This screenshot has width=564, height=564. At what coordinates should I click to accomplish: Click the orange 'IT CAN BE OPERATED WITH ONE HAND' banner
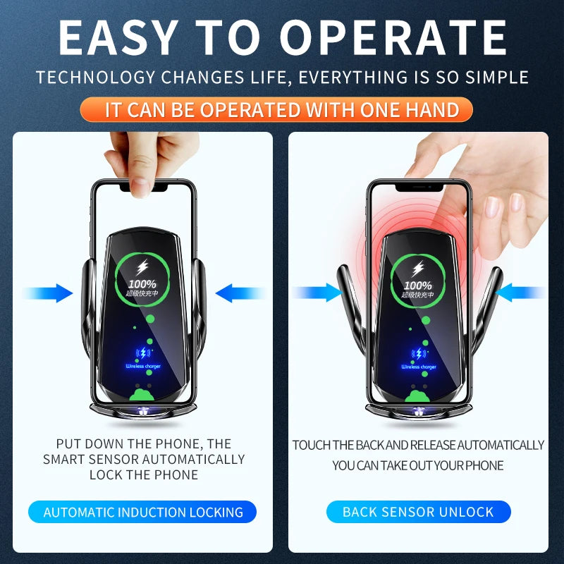coord(282,110)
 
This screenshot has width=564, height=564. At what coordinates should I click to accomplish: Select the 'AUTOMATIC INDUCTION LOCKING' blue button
coord(143,513)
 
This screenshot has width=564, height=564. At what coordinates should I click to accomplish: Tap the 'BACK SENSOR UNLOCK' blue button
coord(418,513)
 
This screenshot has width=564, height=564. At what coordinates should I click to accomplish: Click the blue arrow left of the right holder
coord(319,293)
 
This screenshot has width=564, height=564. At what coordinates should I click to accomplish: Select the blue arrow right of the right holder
coord(523,293)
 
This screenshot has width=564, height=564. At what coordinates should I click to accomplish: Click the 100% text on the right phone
coord(418,285)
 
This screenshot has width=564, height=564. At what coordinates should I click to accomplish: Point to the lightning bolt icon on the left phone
coord(142,267)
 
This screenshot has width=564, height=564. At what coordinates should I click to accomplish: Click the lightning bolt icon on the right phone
coord(418,268)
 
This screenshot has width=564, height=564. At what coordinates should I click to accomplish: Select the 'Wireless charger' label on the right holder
coord(419,367)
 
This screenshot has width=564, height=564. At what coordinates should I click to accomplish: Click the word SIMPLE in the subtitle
coord(493,78)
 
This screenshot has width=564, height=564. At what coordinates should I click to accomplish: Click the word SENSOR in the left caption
coord(114,459)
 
